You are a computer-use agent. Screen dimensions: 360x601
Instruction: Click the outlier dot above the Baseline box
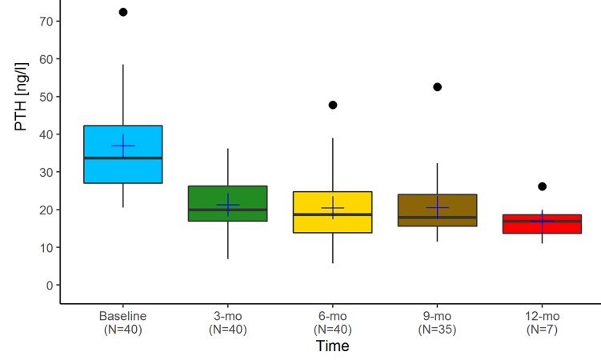(123, 12)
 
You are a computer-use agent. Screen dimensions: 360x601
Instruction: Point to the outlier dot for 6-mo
(333, 105)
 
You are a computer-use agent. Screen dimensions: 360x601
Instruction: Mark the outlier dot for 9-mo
(438, 86)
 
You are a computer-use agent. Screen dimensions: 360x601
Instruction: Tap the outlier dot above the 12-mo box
(542, 186)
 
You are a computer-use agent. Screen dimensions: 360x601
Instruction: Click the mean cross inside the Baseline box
(123, 146)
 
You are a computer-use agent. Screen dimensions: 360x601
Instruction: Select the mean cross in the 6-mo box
(333, 208)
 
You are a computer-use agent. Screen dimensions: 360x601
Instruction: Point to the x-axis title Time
(331, 346)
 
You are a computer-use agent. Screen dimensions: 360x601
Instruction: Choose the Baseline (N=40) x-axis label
(123, 322)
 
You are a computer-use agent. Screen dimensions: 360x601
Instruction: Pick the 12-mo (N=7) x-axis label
(542, 322)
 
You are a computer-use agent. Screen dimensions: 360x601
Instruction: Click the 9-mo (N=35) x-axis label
(438, 322)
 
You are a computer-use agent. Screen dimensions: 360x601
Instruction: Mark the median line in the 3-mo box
(228, 210)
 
